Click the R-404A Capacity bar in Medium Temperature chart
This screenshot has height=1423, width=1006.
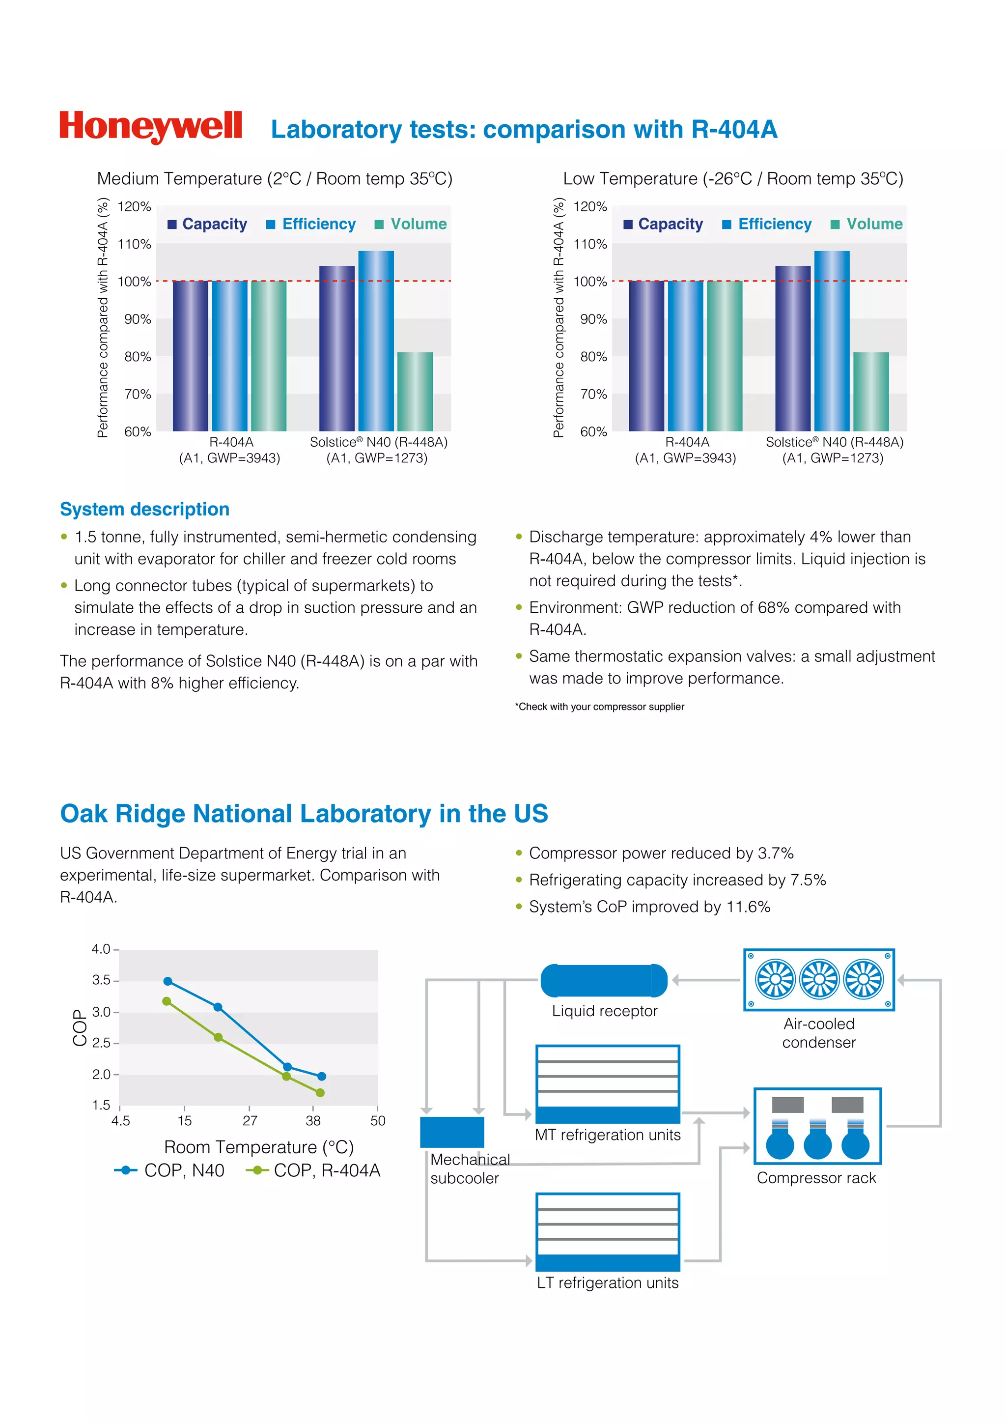click(x=190, y=356)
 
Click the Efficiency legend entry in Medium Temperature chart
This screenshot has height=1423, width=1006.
click(x=311, y=225)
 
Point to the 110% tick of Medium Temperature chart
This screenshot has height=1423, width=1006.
click(x=135, y=244)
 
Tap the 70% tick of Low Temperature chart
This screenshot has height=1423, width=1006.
click(x=593, y=394)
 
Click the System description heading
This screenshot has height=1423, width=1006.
click(x=144, y=510)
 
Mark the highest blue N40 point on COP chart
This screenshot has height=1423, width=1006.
click(x=167, y=981)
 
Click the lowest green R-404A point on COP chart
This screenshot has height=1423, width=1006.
click(x=320, y=1093)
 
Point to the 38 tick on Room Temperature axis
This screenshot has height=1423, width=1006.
click(x=313, y=1120)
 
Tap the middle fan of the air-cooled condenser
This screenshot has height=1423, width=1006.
click(x=819, y=979)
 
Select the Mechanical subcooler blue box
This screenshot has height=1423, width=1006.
click(x=451, y=1132)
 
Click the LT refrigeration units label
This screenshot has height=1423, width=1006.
click(x=607, y=1282)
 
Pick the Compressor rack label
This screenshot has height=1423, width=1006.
click(x=816, y=1178)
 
